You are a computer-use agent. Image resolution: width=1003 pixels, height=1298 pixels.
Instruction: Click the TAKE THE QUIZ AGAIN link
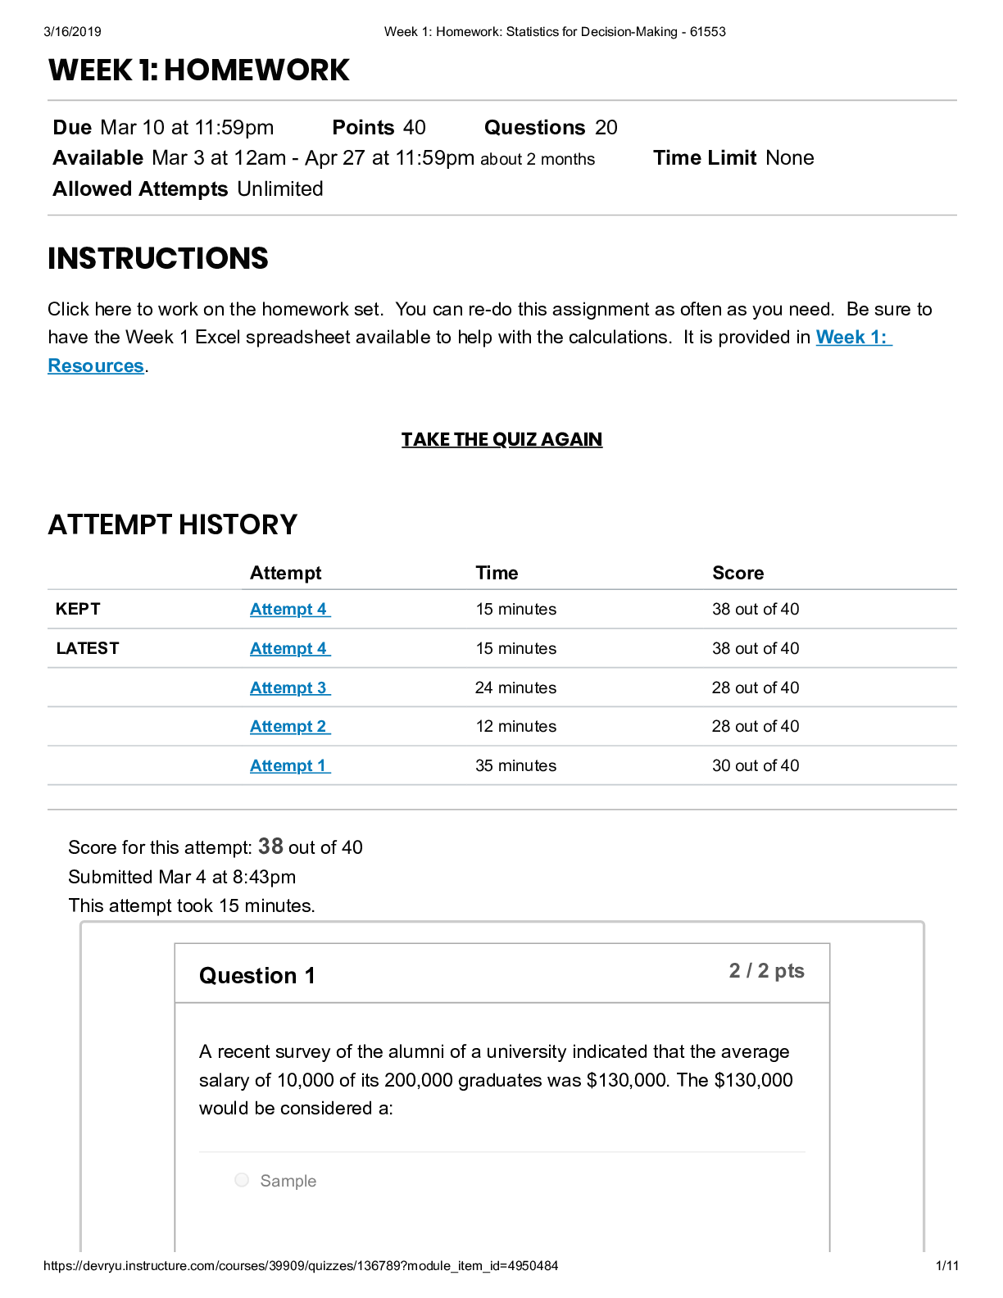pos(501,440)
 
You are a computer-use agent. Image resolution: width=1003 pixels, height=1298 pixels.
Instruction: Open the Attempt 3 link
pos(289,688)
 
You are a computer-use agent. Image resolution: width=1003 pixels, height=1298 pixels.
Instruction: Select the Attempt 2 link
pos(289,727)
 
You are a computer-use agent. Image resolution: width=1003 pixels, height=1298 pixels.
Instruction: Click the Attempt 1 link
pos(289,766)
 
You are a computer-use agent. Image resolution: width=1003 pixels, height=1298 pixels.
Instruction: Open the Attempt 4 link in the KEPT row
pos(289,610)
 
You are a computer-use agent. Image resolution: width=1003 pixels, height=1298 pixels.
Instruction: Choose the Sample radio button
pos(242,1180)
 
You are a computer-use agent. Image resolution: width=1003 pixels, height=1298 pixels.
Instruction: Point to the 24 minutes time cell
pos(515,688)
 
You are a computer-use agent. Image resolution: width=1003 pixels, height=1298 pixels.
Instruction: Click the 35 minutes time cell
pos(515,766)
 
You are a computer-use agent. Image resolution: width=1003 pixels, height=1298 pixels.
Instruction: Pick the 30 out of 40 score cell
pos(755,766)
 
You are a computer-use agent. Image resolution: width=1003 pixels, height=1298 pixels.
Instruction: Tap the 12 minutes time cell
pos(515,727)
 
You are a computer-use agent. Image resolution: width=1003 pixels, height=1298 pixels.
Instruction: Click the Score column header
pos(737,574)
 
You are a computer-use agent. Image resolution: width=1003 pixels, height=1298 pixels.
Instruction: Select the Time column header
pos(497,574)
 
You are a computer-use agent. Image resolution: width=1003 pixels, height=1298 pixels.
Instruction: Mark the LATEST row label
pos(88,649)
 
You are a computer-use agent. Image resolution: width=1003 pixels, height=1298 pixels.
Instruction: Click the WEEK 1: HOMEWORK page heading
pos(199,70)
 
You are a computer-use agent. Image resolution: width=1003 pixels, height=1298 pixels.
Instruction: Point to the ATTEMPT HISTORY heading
pos(173,525)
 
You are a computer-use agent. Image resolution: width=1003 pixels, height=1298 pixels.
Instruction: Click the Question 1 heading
pos(256,976)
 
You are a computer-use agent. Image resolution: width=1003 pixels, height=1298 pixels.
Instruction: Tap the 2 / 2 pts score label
pos(766,971)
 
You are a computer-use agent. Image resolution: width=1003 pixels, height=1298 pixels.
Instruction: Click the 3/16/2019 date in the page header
pos(72,32)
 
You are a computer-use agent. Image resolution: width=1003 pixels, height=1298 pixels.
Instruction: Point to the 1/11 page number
pos(946,1266)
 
